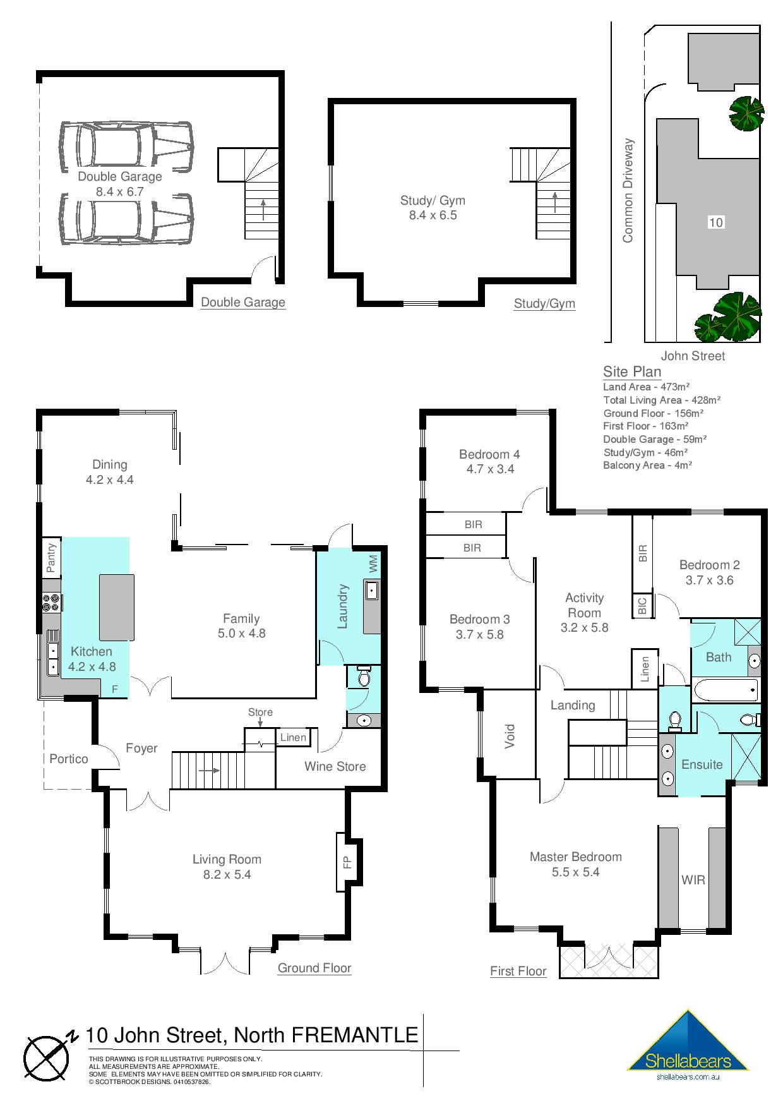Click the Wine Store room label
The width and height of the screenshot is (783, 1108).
tap(335, 766)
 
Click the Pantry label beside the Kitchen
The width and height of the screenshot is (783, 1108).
tap(52, 557)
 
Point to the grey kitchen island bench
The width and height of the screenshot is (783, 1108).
tap(116, 607)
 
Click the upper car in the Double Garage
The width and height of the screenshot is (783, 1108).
tap(126, 147)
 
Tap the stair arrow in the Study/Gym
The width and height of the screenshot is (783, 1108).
tap(555, 202)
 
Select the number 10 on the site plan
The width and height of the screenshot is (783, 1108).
tap(715, 222)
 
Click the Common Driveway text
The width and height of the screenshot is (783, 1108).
tap(628, 191)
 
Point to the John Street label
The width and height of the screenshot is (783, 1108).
tap(693, 356)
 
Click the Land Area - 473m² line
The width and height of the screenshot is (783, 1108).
tap(646, 387)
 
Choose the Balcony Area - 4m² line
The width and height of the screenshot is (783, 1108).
tap(647, 465)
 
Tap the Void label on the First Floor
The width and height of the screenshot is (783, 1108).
tap(510, 737)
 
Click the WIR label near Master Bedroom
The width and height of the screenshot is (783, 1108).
tap(693, 879)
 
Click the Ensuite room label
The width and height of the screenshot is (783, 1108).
tap(702, 764)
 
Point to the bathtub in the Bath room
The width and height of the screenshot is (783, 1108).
tap(726, 690)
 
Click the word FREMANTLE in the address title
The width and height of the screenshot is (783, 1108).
tap(355, 1035)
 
